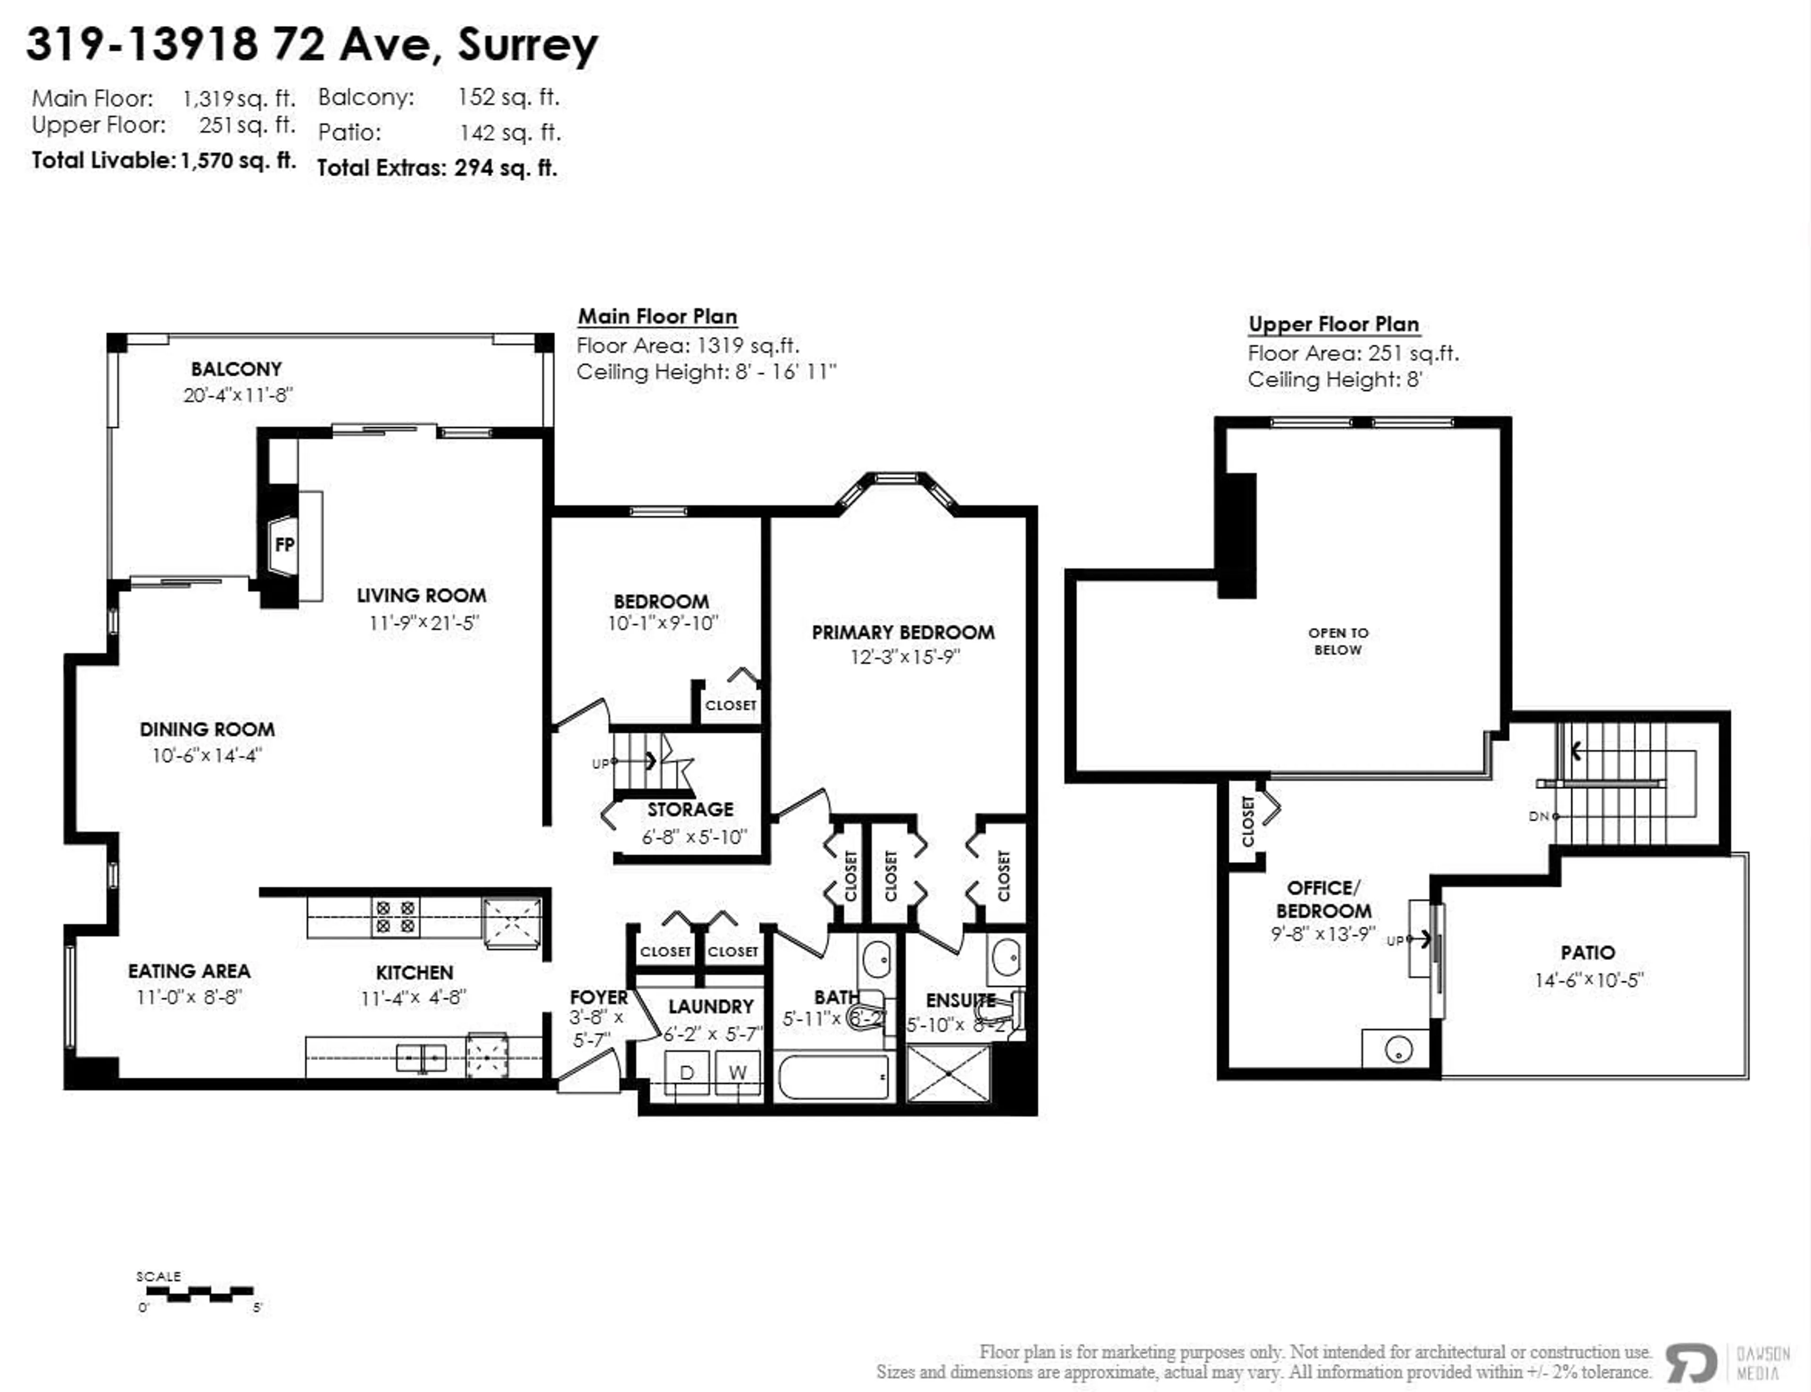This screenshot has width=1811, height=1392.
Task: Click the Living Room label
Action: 422,596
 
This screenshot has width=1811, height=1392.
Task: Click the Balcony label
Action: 236,369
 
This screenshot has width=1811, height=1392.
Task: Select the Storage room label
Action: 690,810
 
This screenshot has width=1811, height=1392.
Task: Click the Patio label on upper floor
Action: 1587,953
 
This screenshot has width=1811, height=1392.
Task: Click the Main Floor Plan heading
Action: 657,316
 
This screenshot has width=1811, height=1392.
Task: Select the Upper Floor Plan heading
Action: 1333,324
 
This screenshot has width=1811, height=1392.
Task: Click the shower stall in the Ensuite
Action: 948,1073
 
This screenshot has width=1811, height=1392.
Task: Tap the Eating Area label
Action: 189,971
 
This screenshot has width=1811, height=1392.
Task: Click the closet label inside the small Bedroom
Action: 730,705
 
